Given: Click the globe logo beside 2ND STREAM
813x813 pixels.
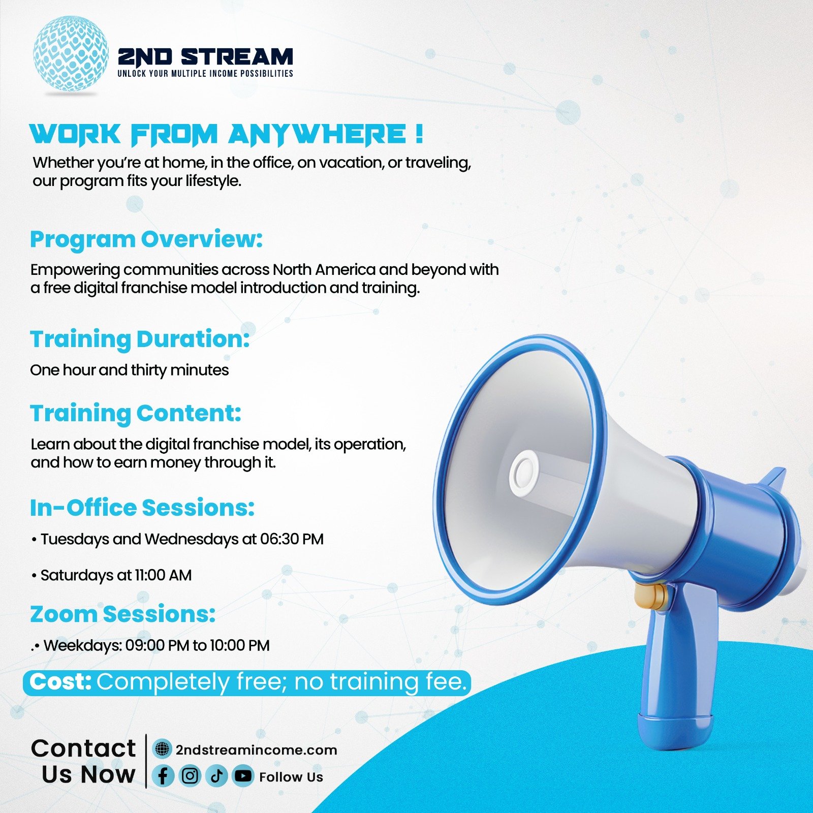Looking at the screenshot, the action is (x=71, y=53).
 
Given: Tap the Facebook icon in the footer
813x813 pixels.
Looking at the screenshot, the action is (x=163, y=776).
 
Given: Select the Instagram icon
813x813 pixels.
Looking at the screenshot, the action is (x=190, y=776).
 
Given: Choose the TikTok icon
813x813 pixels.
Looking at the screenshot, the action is (x=217, y=776).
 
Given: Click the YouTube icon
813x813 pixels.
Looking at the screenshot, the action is (x=243, y=776).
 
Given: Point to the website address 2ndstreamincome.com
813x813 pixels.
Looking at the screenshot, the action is (x=257, y=750).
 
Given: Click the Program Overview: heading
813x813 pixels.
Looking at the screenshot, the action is (x=146, y=240).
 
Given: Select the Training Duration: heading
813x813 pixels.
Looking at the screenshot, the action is (x=140, y=339).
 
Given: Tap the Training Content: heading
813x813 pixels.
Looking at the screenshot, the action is (x=136, y=414).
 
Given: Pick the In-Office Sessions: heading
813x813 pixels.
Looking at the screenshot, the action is (x=142, y=508).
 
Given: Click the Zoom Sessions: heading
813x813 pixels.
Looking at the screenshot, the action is (x=122, y=614).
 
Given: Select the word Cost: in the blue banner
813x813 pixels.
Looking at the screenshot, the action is (x=60, y=682).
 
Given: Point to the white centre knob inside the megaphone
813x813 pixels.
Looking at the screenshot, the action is (x=524, y=474).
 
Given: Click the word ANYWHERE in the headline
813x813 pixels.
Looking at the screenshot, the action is (x=317, y=135).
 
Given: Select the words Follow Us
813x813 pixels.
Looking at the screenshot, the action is (x=291, y=777).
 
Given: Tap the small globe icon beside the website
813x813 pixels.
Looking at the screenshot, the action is (x=162, y=749).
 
